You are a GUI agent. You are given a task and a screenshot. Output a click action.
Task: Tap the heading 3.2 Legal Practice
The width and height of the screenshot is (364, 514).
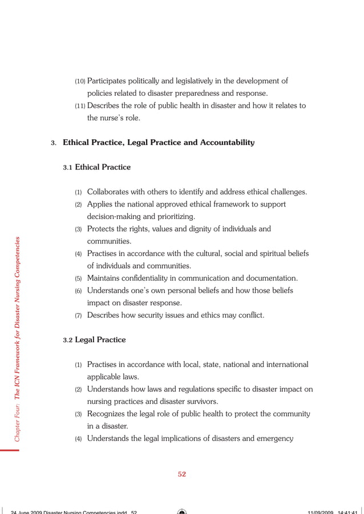94,340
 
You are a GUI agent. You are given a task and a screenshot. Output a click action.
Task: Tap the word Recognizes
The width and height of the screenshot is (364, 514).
108,414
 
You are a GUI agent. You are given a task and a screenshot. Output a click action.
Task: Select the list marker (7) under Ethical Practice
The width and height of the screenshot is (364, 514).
79,316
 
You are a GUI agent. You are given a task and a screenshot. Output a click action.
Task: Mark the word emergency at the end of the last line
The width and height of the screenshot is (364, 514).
275,439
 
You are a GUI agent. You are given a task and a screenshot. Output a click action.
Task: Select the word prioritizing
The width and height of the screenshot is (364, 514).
175,217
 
